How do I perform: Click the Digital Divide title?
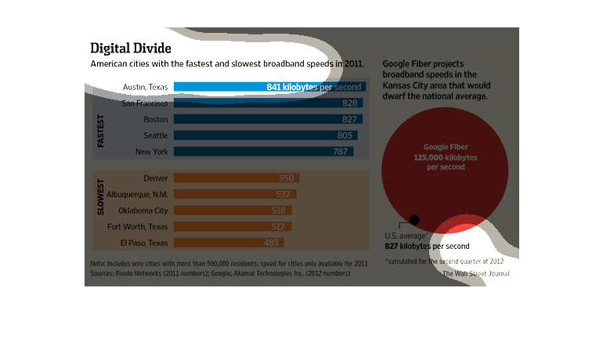click(131, 48)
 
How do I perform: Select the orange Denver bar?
click(236, 178)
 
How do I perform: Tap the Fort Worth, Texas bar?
click(233, 226)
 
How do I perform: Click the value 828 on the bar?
click(350, 103)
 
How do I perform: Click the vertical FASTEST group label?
click(101, 131)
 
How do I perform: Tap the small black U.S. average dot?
click(414, 220)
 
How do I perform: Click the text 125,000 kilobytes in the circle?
click(445, 157)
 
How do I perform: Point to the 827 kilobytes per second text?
click(427, 247)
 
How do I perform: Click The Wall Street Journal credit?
click(475, 274)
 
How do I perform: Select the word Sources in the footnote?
click(104, 275)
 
